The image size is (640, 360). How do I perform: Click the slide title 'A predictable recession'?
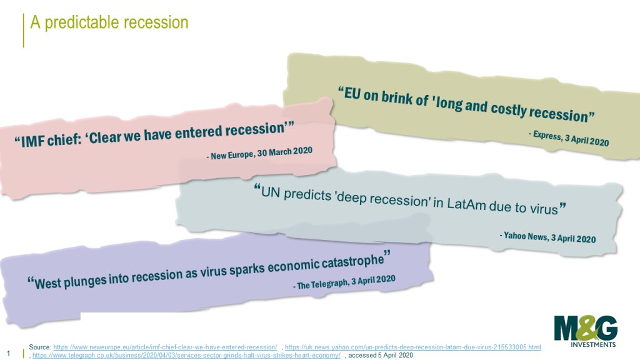click(x=109, y=22)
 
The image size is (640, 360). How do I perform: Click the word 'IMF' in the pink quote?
click(x=34, y=141)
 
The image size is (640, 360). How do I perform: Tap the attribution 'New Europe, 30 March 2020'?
click(x=262, y=152)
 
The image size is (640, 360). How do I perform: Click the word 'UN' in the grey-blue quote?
click(x=270, y=192)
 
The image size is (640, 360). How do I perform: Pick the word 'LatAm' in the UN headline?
click(x=466, y=203)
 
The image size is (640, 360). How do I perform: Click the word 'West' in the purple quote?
click(x=48, y=282)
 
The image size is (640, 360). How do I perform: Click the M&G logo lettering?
click(x=586, y=328)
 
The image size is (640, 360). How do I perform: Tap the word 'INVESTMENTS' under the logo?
click(x=593, y=344)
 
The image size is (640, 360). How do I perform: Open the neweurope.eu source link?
click(x=165, y=347)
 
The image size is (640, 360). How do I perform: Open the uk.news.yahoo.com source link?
click(x=412, y=347)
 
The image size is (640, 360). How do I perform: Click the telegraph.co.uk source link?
click(x=186, y=356)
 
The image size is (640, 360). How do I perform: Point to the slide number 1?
click(x=9, y=354)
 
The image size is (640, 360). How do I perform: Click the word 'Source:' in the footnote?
click(x=40, y=347)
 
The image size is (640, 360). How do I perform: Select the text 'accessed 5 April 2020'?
click(x=381, y=356)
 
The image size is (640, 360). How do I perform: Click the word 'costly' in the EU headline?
click(x=507, y=110)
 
